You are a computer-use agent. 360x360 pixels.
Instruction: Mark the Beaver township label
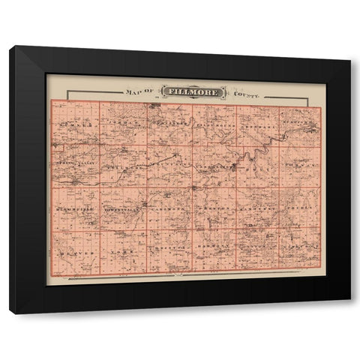[76, 253]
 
